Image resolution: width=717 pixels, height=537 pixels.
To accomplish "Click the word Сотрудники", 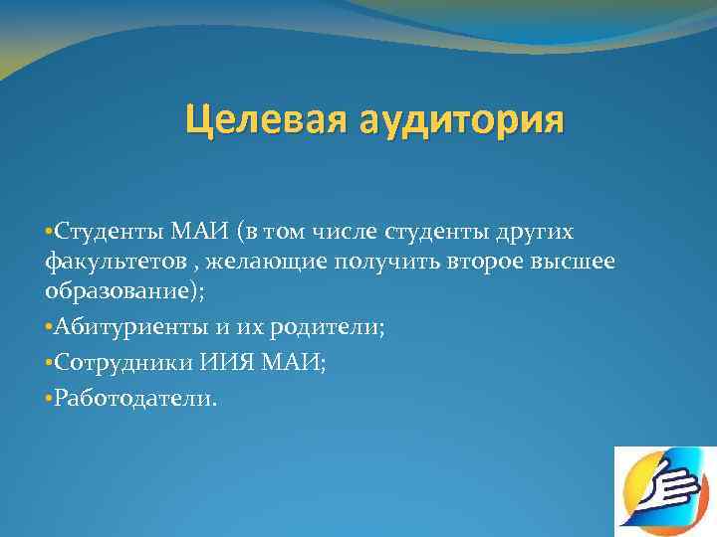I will (109, 362).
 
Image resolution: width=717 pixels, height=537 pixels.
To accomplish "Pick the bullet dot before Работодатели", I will (48, 399).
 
